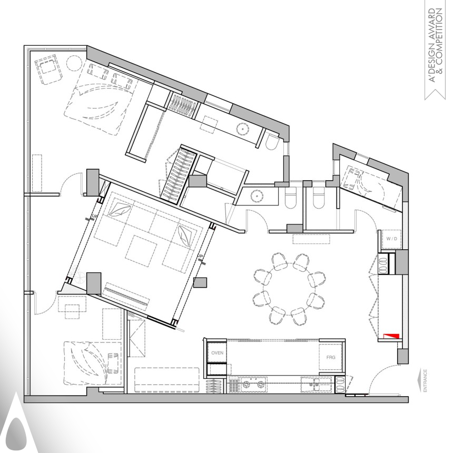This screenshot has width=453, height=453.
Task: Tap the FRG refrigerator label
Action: pyautogui.click(x=331, y=357)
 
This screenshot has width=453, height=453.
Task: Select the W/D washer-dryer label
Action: pyautogui.click(x=391, y=239)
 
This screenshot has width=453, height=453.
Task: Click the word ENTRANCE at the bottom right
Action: pyautogui.click(x=425, y=381)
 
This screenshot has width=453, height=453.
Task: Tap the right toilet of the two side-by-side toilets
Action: pyautogui.click(x=319, y=200)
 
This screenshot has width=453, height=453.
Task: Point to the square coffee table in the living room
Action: pyautogui.click(x=141, y=248)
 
